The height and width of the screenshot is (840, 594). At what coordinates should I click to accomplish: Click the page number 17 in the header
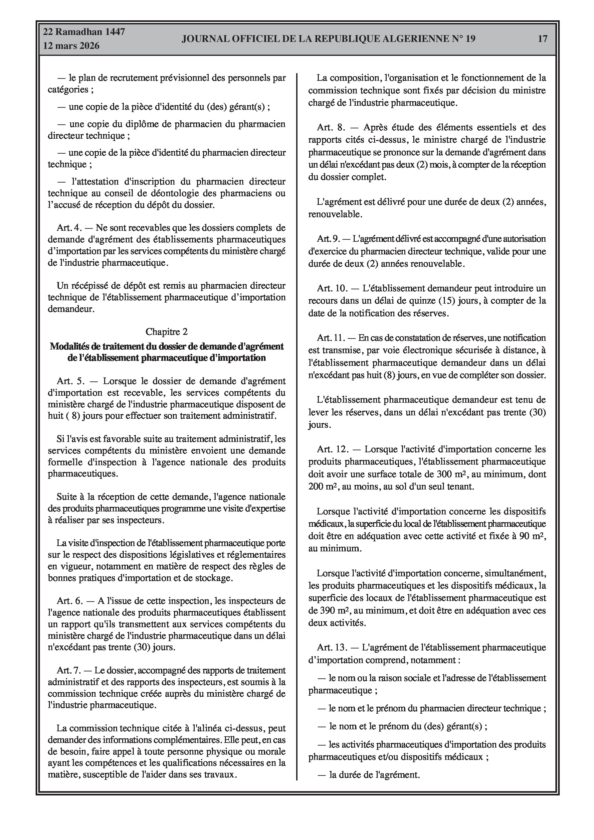pyautogui.click(x=542, y=39)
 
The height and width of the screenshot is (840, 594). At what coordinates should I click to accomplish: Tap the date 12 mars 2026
pyautogui.click(x=72, y=46)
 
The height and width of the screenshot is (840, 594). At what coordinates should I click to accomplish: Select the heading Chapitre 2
pyautogui.click(x=167, y=332)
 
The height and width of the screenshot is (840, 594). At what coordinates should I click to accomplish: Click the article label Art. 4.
pyautogui.click(x=69, y=228)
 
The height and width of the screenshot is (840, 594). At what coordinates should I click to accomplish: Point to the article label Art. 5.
pyautogui.click(x=71, y=381)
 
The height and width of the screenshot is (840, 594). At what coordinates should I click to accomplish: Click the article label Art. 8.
pyautogui.click(x=331, y=127)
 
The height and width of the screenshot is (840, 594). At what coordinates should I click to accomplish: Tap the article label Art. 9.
pyautogui.click(x=328, y=239)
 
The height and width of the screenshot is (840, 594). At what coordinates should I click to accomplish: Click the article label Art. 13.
pyautogui.click(x=332, y=647)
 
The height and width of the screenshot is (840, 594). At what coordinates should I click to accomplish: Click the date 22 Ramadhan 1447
pyautogui.click(x=84, y=32)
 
